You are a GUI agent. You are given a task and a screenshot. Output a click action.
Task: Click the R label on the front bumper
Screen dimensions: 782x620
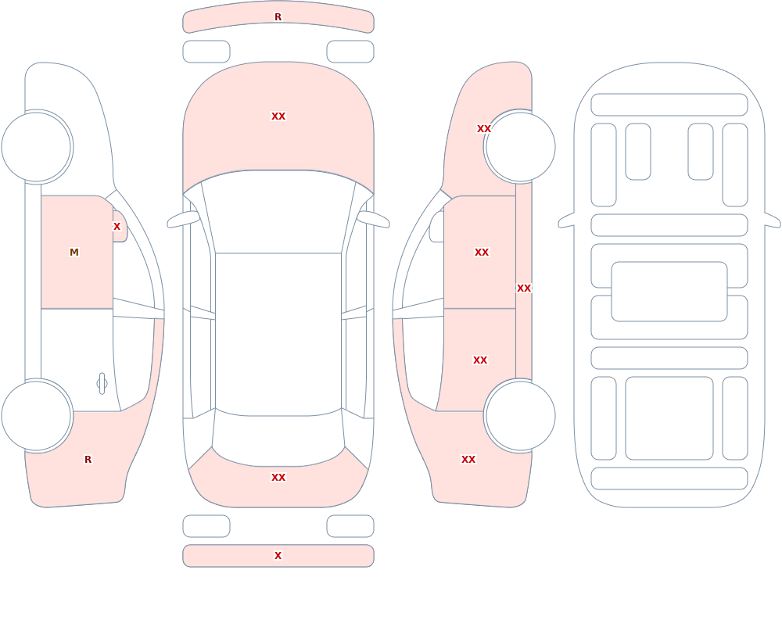pos(278,17)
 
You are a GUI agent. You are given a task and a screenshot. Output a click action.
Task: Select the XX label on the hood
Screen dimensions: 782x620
pos(278,116)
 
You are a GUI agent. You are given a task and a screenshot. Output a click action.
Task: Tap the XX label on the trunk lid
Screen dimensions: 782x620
pos(278,478)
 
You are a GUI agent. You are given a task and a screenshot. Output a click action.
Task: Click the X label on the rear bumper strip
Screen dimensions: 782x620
pos(278,556)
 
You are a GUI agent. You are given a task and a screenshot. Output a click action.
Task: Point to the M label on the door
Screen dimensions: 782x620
pos(74,253)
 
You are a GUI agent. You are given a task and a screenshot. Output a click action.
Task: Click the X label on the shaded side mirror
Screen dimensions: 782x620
pos(117,227)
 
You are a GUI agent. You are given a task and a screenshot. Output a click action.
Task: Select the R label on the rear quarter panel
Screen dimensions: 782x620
pos(88,460)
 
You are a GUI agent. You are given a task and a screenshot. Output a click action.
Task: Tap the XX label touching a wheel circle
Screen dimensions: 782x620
pos(484,129)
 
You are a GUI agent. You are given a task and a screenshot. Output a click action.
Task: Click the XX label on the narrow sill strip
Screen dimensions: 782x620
pos(524,288)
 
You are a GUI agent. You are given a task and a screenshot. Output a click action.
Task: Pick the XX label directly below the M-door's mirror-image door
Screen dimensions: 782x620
pos(480,360)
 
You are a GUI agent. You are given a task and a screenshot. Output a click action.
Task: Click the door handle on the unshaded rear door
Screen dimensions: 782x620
pos(102,384)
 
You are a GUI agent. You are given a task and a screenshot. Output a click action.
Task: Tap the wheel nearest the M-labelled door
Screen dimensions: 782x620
pos(37,147)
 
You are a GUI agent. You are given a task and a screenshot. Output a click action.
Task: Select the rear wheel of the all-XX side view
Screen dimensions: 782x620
pos(520,415)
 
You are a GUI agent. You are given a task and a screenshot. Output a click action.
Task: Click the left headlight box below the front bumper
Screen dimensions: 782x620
pos(206,52)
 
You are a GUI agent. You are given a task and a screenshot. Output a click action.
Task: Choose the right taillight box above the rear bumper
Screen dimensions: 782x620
pos(350,526)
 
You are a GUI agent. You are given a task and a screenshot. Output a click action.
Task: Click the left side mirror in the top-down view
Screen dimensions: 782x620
pos(183,219)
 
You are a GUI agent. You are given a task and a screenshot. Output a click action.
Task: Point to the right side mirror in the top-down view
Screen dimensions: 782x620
pos(373,219)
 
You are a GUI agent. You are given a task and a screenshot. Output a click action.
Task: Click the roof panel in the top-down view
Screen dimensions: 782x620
pos(278,334)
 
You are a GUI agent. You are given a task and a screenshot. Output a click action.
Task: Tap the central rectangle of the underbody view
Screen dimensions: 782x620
pos(669,292)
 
